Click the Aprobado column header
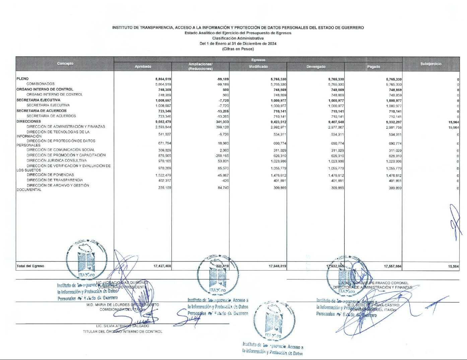click(x=143, y=67)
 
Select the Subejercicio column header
click(x=431, y=64)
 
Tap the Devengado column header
click(x=316, y=67)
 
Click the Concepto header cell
click(x=65, y=63)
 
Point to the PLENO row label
click(x=22, y=79)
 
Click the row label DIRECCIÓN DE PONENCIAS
click(x=50, y=175)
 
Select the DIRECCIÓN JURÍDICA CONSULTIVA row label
click(x=57, y=161)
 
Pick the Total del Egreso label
click(x=30, y=266)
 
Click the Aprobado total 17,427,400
click(x=162, y=266)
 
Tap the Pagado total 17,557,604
click(x=393, y=266)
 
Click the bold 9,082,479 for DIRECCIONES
click(x=163, y=122)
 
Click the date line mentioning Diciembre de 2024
click(x=238, y=44)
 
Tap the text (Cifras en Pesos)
click(x=238, y=49)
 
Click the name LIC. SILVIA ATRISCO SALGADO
click(x=123, y=326)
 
